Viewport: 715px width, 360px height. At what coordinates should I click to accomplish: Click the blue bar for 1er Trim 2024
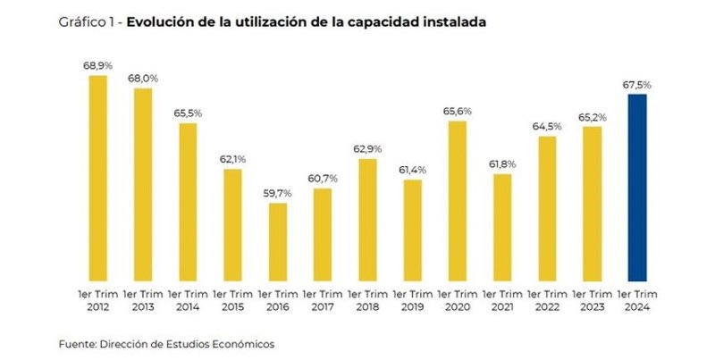[637, 188]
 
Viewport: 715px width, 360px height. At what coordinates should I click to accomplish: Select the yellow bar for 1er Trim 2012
[97, 179]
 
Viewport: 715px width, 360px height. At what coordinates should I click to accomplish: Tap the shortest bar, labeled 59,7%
[277, 241]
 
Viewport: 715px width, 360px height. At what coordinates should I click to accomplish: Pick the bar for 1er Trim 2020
[457, 201]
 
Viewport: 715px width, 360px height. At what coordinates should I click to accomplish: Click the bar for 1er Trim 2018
[367, 220]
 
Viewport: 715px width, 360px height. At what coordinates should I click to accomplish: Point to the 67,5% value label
[637, 85]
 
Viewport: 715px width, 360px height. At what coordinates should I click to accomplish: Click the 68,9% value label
[97, 67]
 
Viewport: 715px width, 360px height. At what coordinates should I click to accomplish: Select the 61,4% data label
[412, 171]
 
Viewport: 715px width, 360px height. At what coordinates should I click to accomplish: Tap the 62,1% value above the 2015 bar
[232, 159]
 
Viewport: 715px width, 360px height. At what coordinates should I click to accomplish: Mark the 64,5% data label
[547, 127]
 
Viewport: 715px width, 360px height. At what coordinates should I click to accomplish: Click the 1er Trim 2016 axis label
[277, 299]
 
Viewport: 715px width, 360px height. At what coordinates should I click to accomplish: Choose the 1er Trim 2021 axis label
[502, 299]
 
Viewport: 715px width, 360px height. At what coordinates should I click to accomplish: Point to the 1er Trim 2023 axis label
[592, 299]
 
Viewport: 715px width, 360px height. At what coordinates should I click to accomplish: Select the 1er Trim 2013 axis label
[142, 299]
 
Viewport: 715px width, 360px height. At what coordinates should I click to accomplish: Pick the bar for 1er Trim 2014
[188, 202]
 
